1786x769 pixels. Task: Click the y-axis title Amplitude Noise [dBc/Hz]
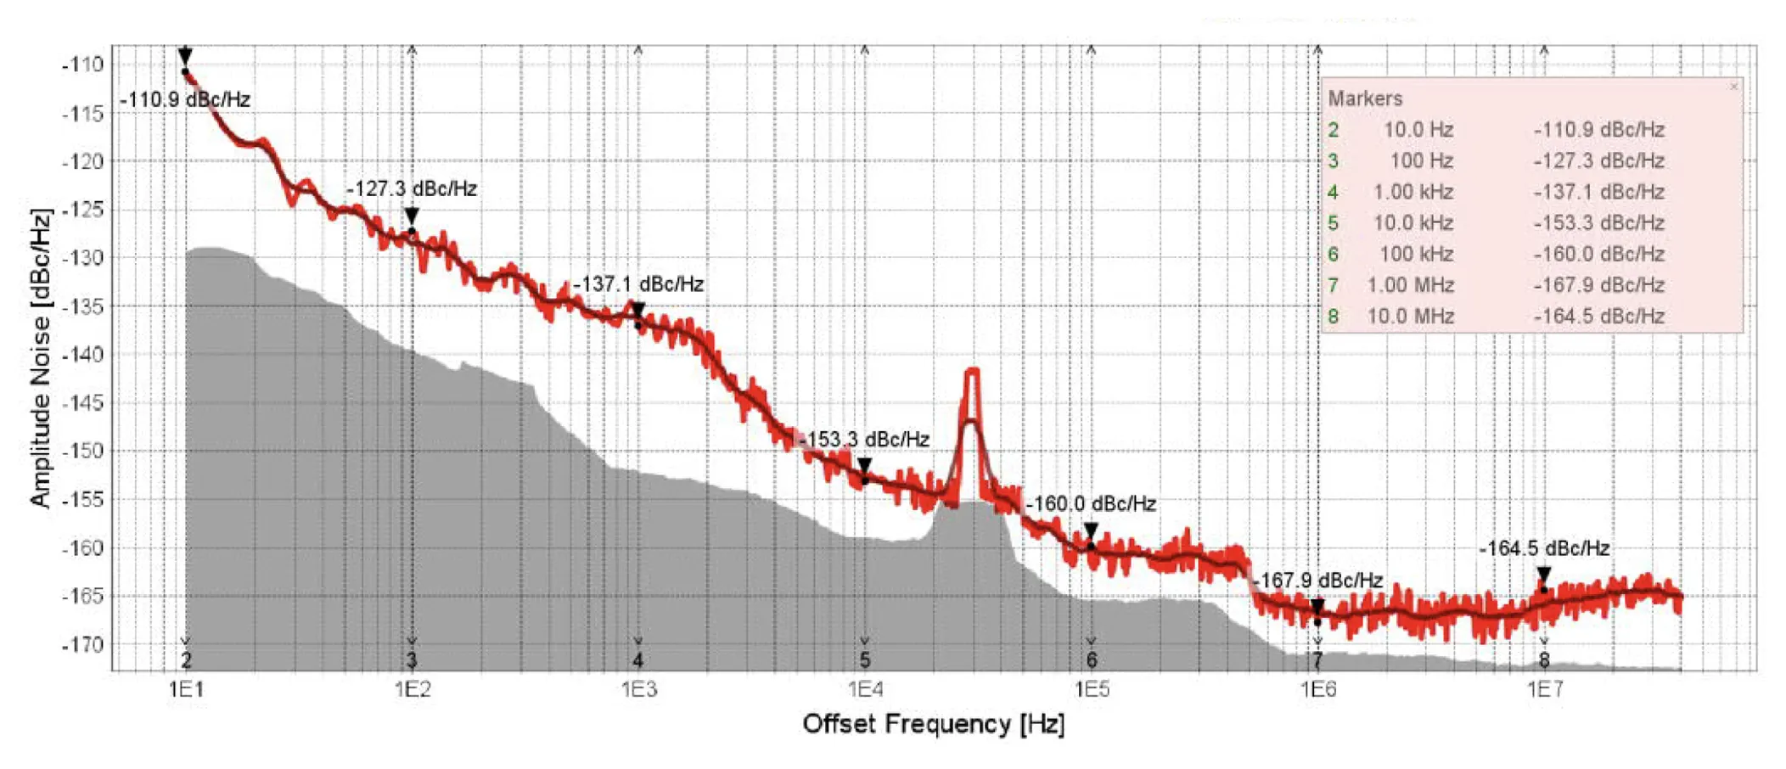40,357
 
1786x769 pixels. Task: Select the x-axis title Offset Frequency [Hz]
933,724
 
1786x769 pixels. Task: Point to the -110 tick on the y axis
82,65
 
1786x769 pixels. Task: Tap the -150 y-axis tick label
82,451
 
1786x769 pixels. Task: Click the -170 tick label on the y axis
82,644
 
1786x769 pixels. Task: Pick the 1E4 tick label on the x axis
864,688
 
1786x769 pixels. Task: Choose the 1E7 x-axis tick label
1544,688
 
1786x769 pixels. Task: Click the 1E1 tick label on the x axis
186,688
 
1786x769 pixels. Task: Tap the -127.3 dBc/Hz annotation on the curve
412,188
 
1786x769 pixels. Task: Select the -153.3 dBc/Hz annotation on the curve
864,440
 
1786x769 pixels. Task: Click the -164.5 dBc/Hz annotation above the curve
1544,548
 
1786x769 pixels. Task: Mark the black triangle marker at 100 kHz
1091,531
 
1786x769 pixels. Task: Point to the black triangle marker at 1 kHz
638,311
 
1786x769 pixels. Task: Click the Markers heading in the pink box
1365,98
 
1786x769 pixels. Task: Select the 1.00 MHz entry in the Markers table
1410,285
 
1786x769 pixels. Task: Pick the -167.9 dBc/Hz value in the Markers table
1598,285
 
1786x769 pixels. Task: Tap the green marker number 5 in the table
1333,223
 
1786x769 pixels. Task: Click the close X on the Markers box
1733,87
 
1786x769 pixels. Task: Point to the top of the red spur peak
973,371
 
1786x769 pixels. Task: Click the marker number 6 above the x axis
1091,660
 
